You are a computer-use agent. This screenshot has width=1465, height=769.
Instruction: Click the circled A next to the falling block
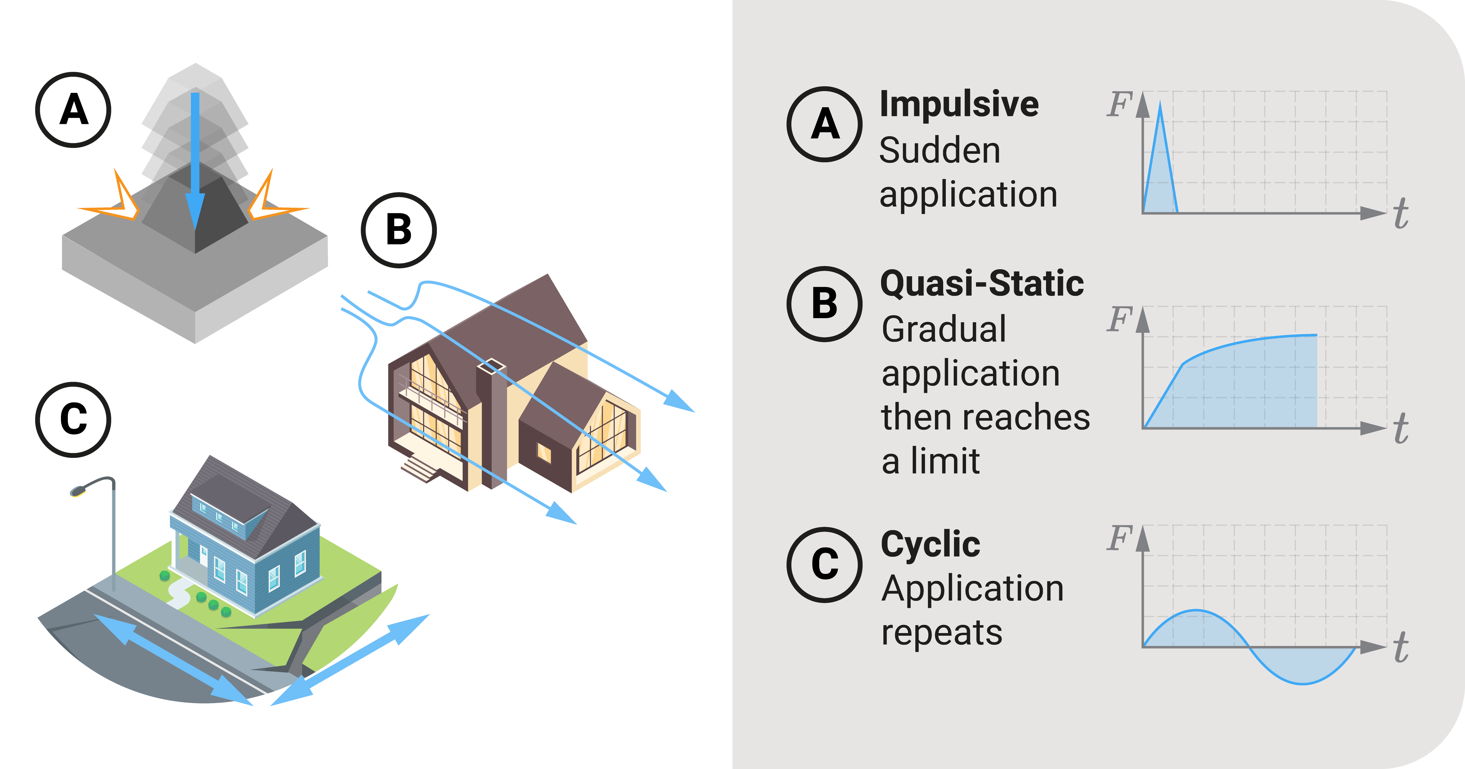tap(73, 110)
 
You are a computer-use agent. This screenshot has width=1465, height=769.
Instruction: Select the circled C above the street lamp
tap(73, 420)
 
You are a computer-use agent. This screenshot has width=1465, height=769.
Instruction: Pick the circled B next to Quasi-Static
tap(825, 304)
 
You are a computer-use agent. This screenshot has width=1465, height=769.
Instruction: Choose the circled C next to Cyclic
tap(825, 565)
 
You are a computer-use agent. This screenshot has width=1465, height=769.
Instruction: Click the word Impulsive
tap(959, 105)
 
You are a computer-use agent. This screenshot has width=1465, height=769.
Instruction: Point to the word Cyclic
tap(930, 545)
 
